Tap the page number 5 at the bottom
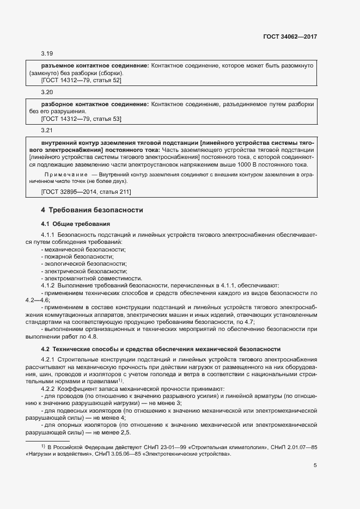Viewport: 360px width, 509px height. click(x=315, y=465)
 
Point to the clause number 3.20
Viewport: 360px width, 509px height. click(x=46, y=93)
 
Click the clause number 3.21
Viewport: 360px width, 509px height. click(x=46, y=131)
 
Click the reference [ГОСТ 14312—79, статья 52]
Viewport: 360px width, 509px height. click(x=81, y=81)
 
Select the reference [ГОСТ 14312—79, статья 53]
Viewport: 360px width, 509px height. click(x=81, y=119)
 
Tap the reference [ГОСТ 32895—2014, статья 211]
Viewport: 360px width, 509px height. click(x=86, y=192)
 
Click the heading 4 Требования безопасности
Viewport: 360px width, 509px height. click(x=91, y=210)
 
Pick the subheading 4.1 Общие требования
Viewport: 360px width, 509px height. click(x=76, y=224)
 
